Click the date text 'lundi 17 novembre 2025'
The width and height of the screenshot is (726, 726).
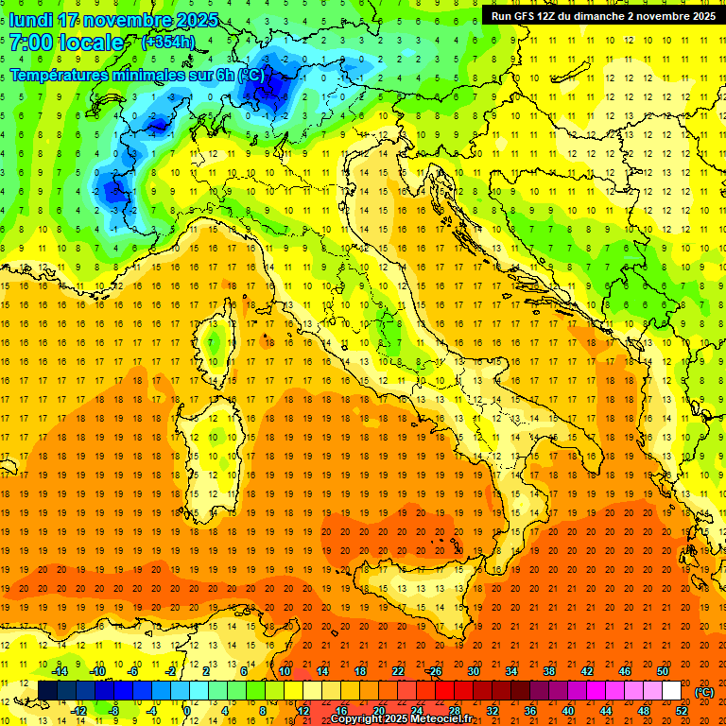pos(113,20)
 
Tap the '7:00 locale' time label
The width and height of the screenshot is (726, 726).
pos(66,43)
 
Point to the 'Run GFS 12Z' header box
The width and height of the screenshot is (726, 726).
pos(603,15)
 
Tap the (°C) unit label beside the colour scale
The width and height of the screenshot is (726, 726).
pos(704,691)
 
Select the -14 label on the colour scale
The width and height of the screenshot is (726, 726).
pos(59,671)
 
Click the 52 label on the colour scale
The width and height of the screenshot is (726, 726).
pos(682,711)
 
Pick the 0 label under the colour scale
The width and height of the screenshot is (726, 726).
pos(187,711)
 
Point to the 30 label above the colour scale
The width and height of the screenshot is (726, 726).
pos(473,671)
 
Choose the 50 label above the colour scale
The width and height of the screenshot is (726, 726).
pos(663,671)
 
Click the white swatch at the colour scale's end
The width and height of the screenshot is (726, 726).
pos(671,691)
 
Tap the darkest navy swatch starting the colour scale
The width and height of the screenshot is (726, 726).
pos(47,691)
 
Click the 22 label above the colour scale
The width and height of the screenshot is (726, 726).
pos(398,671)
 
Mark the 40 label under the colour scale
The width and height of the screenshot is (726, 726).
pos(568,711)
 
